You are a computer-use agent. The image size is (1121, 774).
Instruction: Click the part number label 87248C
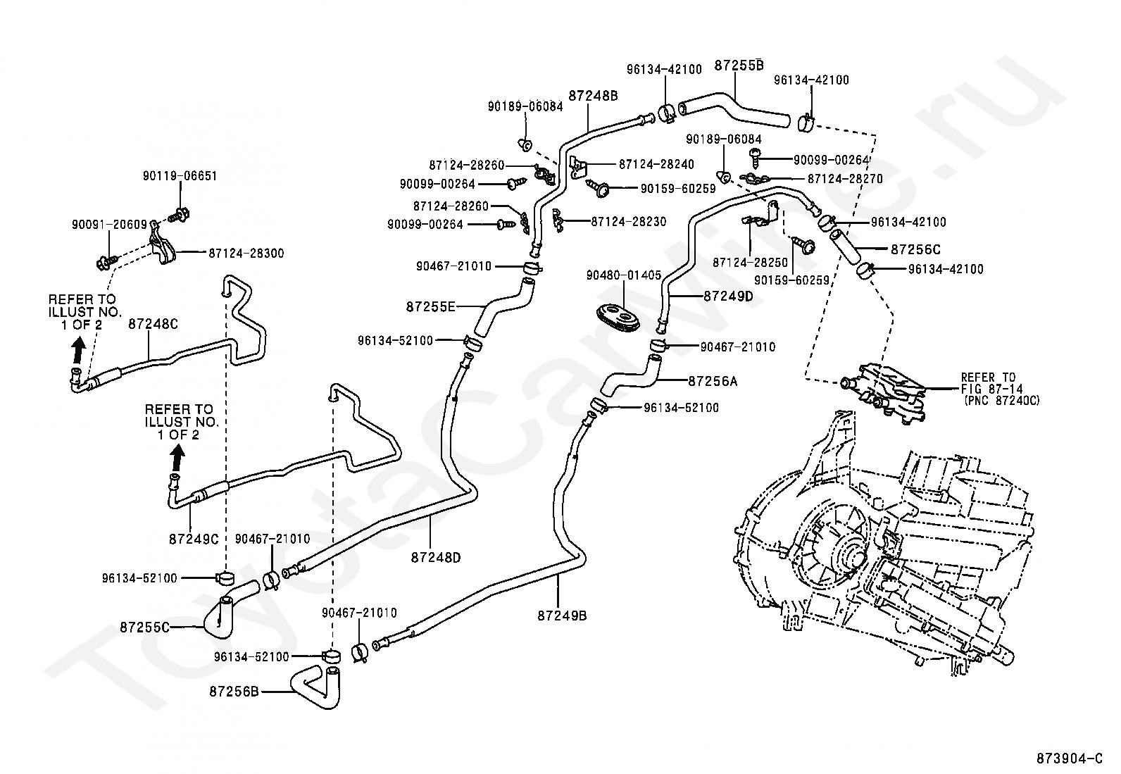coord(153,325)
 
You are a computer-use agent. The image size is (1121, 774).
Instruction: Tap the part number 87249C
coord(194,539)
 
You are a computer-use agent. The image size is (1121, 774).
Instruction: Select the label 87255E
coord(430,306)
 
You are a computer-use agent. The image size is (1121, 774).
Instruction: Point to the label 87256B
coord(234,691)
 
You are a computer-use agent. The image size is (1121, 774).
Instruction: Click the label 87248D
coord(436,556)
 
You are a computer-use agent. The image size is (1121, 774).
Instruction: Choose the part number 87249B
coord(562,616)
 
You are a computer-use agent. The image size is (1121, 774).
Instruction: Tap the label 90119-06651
coord(180,176)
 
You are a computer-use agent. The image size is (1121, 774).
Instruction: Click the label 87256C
coord(915,249)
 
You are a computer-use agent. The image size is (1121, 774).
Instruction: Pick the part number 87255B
coord(739,65)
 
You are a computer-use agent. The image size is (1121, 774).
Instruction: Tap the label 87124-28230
coord(629,221)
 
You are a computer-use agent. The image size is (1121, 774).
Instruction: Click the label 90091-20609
coord(109,225)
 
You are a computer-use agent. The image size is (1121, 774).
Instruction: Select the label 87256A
coord(713,381)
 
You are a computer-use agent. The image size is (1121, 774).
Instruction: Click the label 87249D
coord(728,296)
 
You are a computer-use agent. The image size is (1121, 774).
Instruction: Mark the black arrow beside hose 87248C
coord(78,349)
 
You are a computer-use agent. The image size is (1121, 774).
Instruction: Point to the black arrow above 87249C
coord(177,458)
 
